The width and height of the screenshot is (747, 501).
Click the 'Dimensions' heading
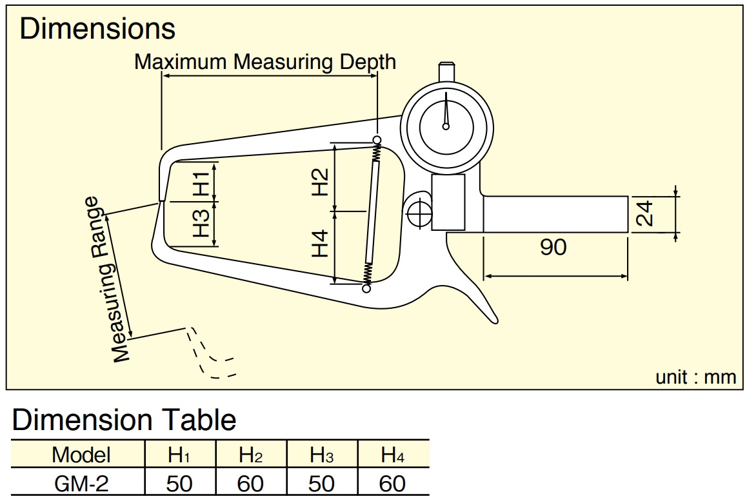97,28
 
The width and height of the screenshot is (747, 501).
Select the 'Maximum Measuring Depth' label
265,62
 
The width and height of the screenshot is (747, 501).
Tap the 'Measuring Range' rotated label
106,279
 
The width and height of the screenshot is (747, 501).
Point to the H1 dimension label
201,183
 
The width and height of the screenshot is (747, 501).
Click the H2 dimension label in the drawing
320,182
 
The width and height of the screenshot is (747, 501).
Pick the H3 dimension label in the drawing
201,223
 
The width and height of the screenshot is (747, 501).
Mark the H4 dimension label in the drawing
320,243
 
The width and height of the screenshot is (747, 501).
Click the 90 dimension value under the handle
553,247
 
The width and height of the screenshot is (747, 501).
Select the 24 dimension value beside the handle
644,214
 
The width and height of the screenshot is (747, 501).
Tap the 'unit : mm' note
695,377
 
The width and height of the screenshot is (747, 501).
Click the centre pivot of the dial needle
446,126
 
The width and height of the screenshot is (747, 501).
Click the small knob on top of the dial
446,72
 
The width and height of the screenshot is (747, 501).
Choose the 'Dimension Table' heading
124,420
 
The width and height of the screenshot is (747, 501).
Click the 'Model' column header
81,455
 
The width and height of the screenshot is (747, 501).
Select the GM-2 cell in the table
81,484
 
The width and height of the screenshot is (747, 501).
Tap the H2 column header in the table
250,455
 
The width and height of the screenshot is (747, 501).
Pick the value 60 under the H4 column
392,484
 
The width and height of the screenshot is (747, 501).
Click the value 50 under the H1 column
179,484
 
